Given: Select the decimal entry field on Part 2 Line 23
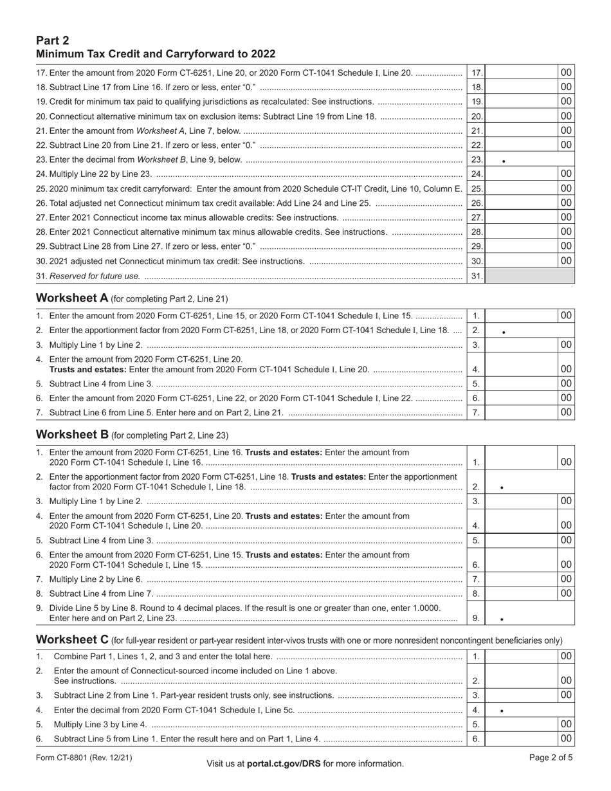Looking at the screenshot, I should (529, 159).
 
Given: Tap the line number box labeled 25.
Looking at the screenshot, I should (476, 188).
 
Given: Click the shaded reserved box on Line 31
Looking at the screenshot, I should (529, 276).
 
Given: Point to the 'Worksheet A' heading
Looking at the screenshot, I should (73, 298).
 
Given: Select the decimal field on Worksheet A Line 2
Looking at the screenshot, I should (529, 331).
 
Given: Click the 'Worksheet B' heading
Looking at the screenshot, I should (73, 434).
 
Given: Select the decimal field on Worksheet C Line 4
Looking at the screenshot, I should (529, 710).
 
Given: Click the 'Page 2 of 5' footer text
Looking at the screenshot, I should (551, 758).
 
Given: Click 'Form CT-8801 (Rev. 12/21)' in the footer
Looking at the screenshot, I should (84, 758).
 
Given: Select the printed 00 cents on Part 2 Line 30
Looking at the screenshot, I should (566, 260).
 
